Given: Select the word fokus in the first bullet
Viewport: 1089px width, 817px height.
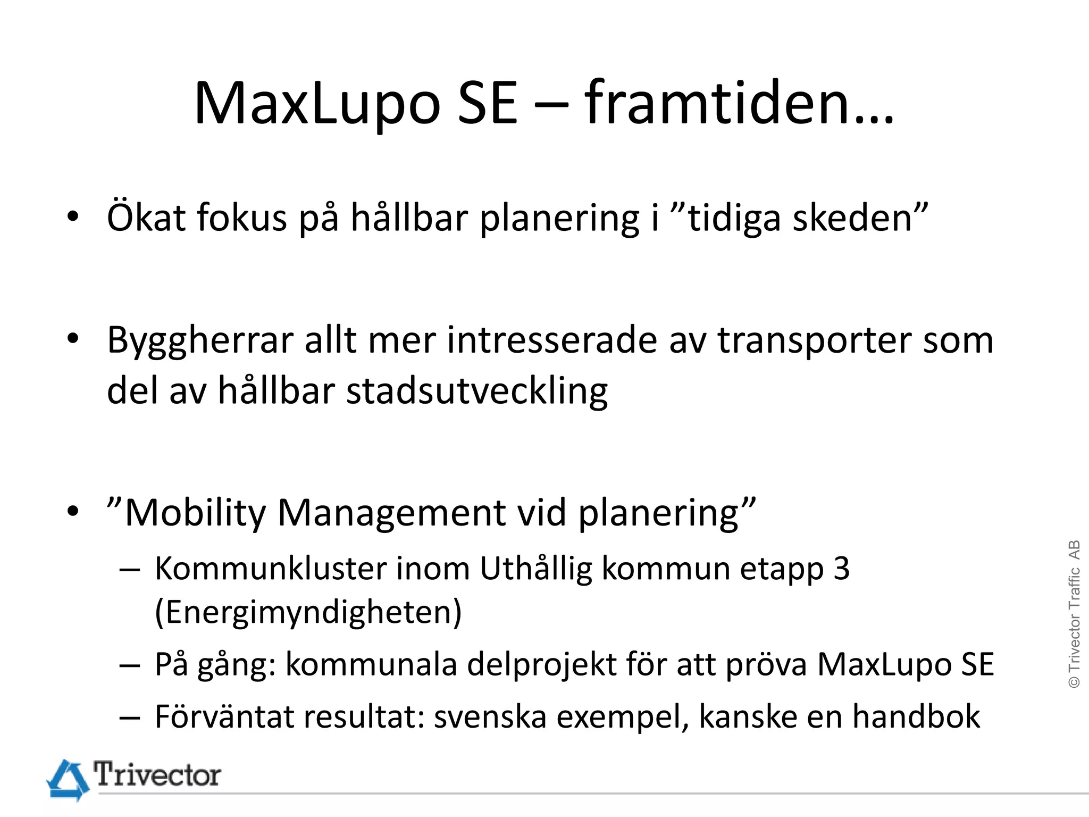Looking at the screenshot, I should (242, 218).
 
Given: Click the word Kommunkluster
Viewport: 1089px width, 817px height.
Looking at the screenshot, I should (271, 569).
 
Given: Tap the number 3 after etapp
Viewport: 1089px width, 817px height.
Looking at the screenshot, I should (841, 569).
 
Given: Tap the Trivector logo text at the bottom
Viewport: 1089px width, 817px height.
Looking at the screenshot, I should (157, 774).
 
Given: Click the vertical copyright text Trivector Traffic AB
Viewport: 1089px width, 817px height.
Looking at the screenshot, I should (1074, 614).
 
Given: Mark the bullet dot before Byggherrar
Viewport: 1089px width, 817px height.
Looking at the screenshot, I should (73, 338).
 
